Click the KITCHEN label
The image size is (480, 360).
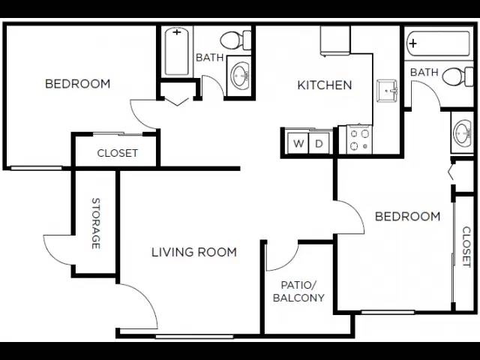pos(325,85)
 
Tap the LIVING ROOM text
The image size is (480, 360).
pos(194,252)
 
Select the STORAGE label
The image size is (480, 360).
pos(96,223)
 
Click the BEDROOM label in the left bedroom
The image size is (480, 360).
pos(77,83)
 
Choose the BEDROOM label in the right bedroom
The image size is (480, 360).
pos(407,217)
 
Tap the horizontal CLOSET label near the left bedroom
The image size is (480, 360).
pos(118,153)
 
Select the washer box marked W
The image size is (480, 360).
pos(298,143)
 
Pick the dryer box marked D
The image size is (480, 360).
pos(319,143)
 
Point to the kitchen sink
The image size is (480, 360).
pos(388,90)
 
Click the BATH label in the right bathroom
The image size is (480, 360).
pos(424,72)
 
